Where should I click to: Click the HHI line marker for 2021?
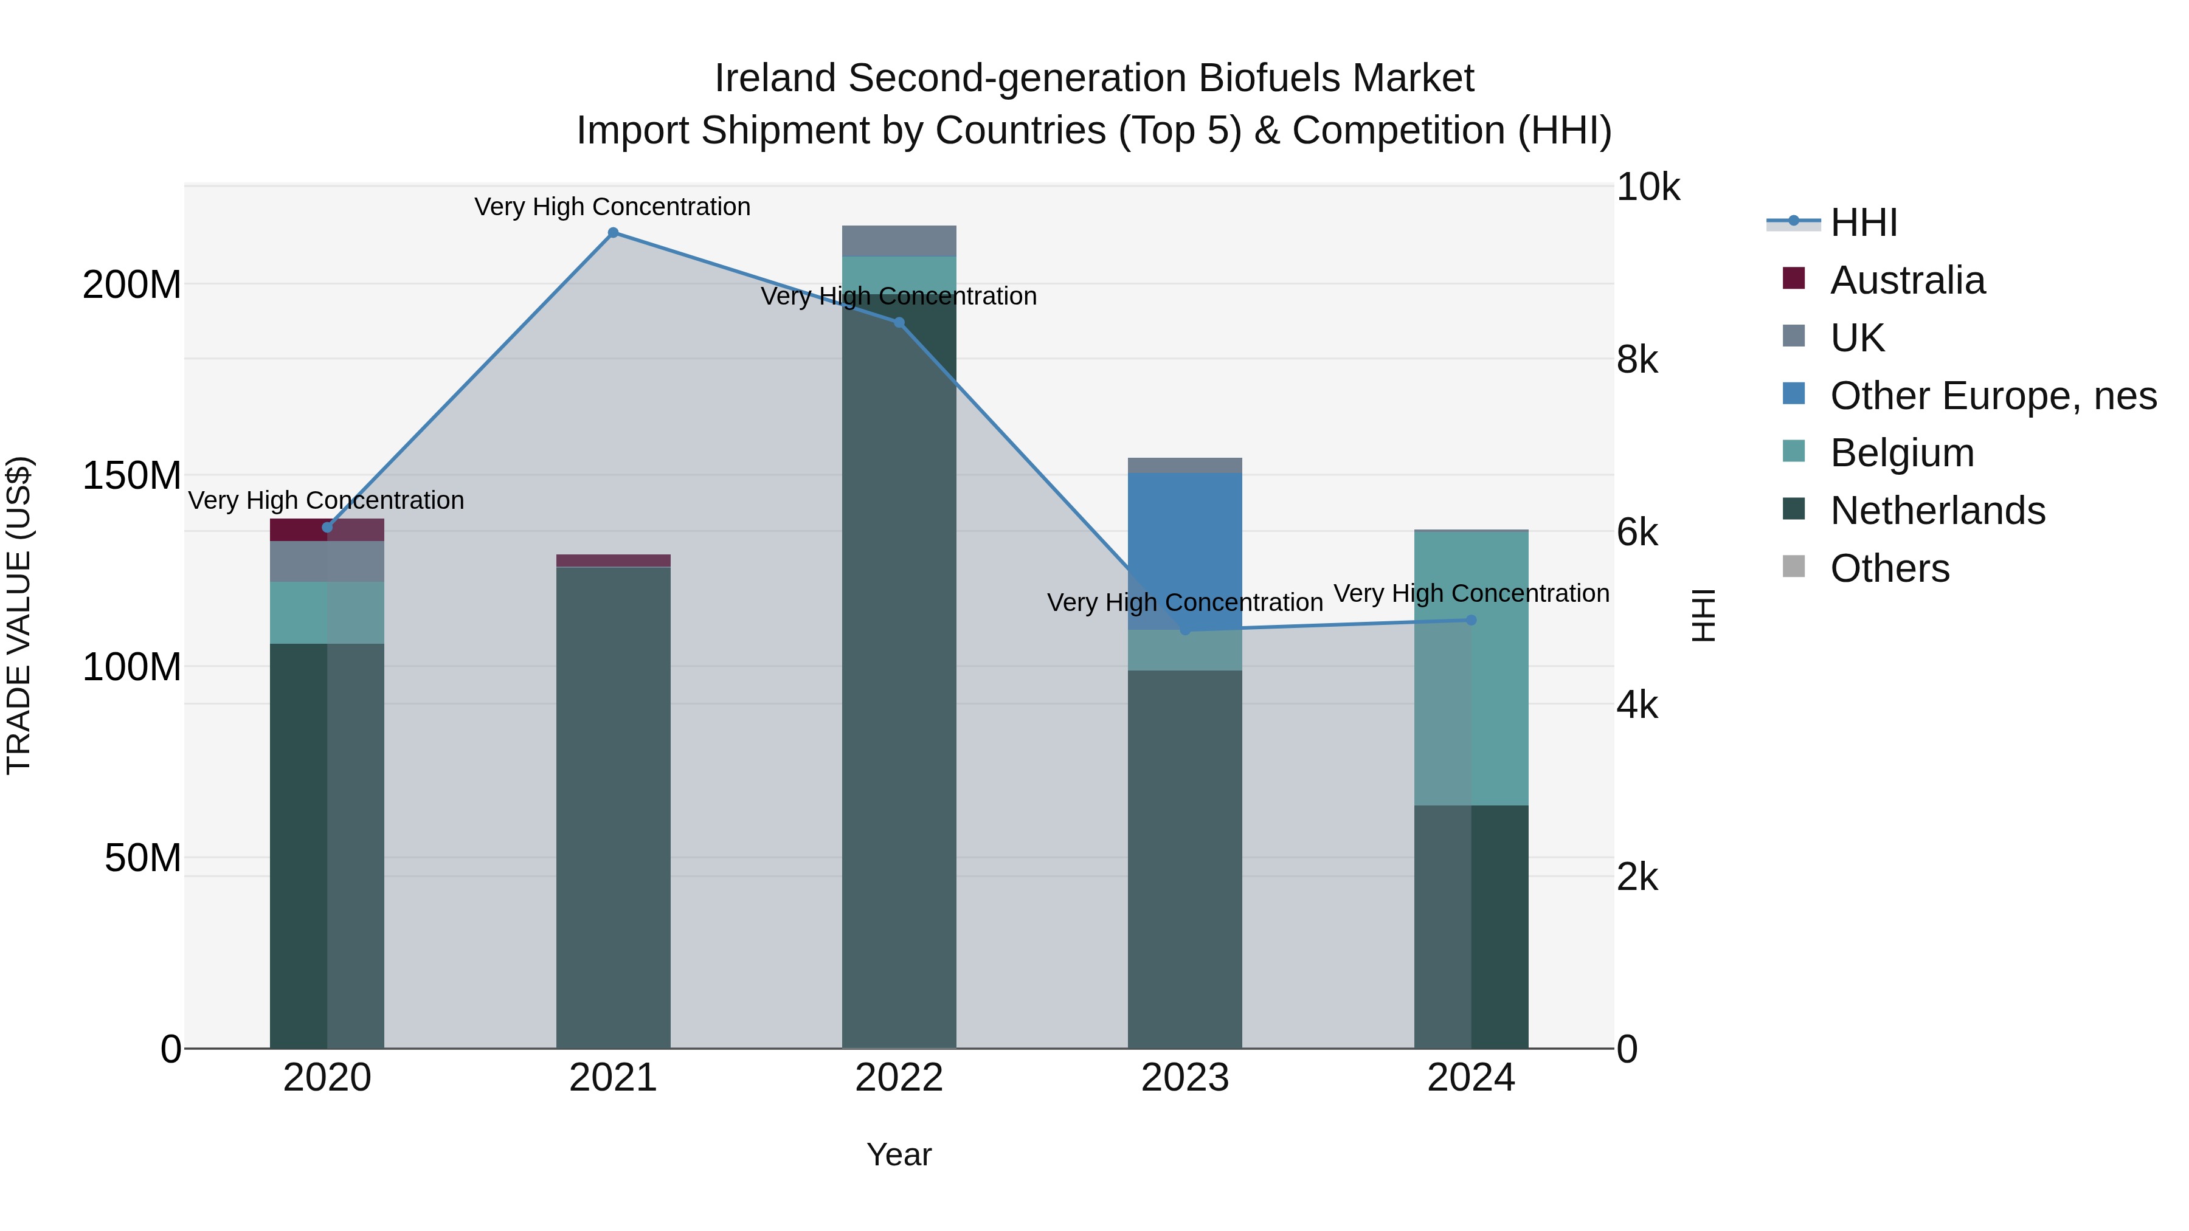click(613, 233)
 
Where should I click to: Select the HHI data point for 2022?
click(899, 322)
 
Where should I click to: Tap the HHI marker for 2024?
click(1471, 620)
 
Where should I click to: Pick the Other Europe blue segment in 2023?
click(1184, 543)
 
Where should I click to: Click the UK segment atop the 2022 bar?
click(899, 240)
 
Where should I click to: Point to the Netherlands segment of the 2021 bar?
click(613, 807)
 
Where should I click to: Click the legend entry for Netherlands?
click(1937, 511)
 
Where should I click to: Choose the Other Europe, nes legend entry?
click(1992, 396)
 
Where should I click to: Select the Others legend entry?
click(1889, 568)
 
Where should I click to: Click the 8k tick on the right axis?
click(1637, 360)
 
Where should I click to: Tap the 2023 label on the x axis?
click(1184, 1078)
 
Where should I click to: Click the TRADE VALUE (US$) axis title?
click(19, 615)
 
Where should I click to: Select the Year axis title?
click(899, 1154)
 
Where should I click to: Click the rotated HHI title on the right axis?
click(1703, 615)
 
